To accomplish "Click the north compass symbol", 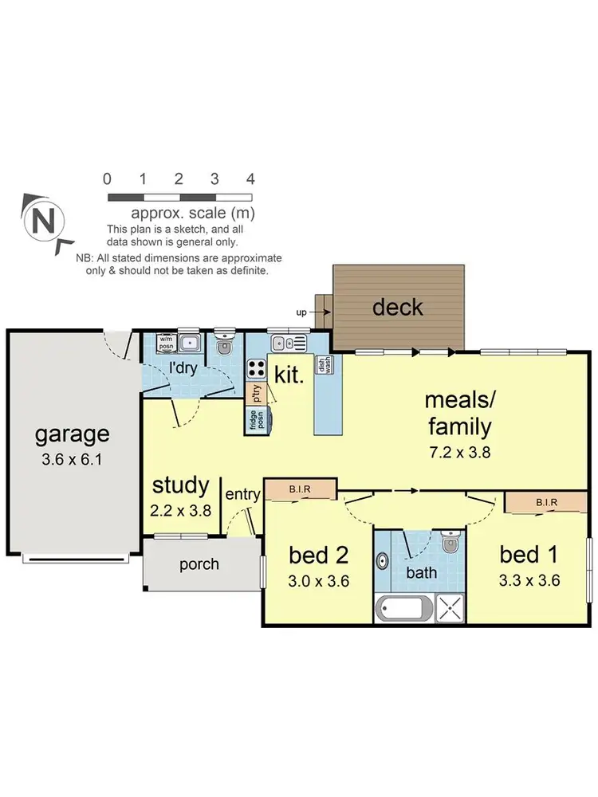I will point(45,219).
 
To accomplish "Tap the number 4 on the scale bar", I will point(250,179).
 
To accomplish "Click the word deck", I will point(398,307).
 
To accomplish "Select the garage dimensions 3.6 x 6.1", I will point(72,460).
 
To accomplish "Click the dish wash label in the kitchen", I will point(325,365).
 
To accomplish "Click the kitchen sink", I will point(278,344).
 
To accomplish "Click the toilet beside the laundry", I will point(224,345).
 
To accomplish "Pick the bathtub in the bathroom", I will point(404,611).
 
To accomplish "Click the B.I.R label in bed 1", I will point(547,502).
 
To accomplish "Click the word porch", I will point(199,564).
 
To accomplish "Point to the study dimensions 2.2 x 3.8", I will point(181,511).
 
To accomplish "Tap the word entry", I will point(242,494).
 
